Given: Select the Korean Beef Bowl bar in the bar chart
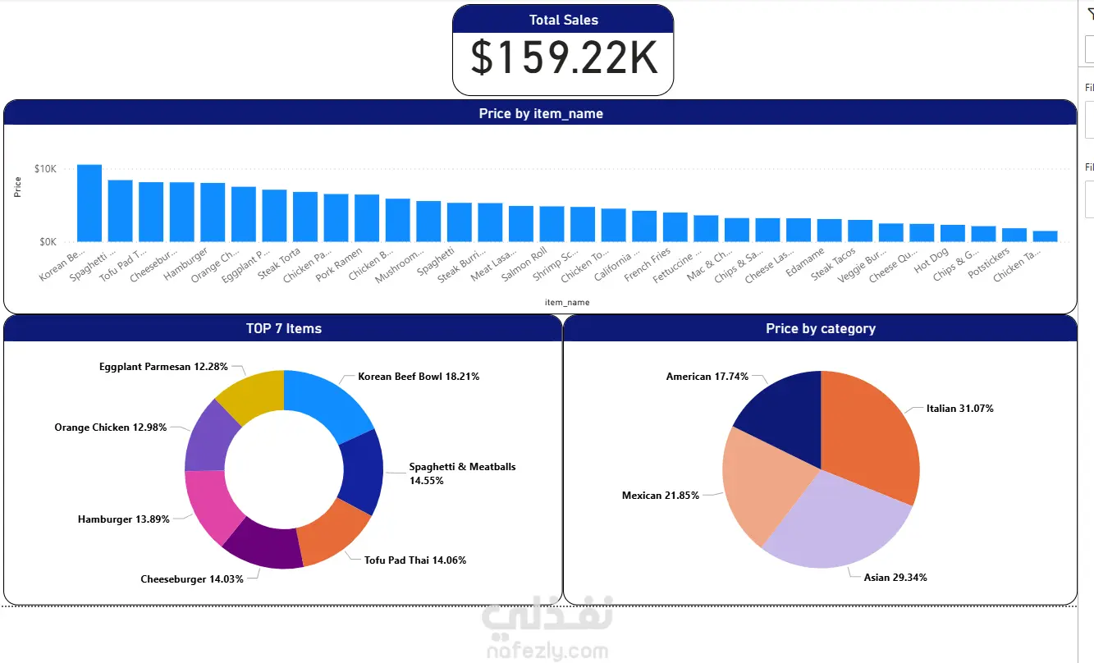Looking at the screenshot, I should tap(89, 203).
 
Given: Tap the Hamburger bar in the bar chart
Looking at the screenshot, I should tap(213, 213).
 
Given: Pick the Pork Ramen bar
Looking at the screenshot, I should tap(367, 218).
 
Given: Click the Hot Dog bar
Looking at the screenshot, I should tap(953, 233).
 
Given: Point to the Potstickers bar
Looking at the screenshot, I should tap(1014, 235).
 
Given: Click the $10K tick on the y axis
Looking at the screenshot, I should tap(46, 169).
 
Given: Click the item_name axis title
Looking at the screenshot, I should tap(567, 303).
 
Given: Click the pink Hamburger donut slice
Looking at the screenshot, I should tap(208, 505).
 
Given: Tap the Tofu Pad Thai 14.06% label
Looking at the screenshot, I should tap(415, 560).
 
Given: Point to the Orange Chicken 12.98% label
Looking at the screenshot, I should tap(111, 428).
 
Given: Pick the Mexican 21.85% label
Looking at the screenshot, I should tap(661, 496).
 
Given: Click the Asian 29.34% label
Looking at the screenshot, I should tap(895, 578).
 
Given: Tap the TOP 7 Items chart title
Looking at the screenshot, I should tap(284, 328).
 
